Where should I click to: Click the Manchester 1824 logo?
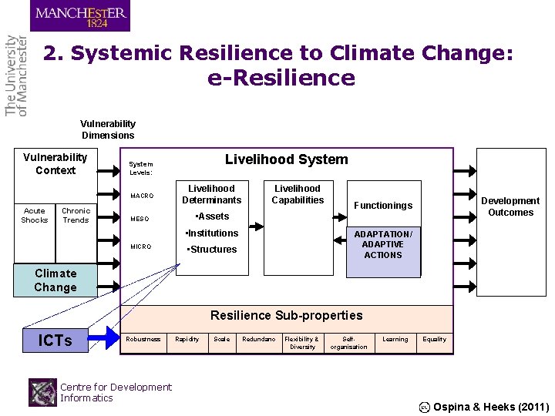pyautogui.click(x=80, y=15)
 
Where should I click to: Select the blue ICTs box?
pyautogui.click(x=55, y=341)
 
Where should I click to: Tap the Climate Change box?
pyautogui.click(x=55, y=280)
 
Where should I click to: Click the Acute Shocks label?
pyautogui.click(x=34, y=215)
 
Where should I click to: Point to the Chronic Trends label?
pyautogui.click(x=76, y=215)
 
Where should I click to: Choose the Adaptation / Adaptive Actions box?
pyautogui.click(x=383, y=245)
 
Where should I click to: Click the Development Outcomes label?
pyautogui.click(x=510, y=206)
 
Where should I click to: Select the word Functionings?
pyautogui.click(x=382, y=206)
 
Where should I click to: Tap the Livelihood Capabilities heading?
pyautogui.click(x=298, y=194)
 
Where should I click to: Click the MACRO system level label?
pyautogui.click(x=142, y=196)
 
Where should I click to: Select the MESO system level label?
pyautogui.click(x=140, y=219)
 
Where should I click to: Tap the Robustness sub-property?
pyautogui.click(x=143, y=339)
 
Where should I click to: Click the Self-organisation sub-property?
pyautogui.click(x=348, y=343)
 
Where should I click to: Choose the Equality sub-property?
pyautogui.click(x=434, y=339)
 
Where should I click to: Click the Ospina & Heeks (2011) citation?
pyautogui.click(x=490, y=407)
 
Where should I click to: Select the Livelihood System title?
pyautogui.click(x=286, y=159)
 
